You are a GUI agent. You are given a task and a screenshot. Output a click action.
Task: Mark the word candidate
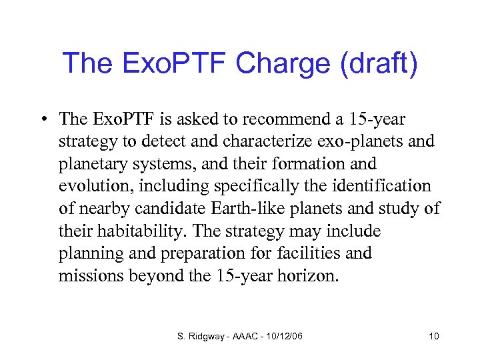click(x=179, y=209)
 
